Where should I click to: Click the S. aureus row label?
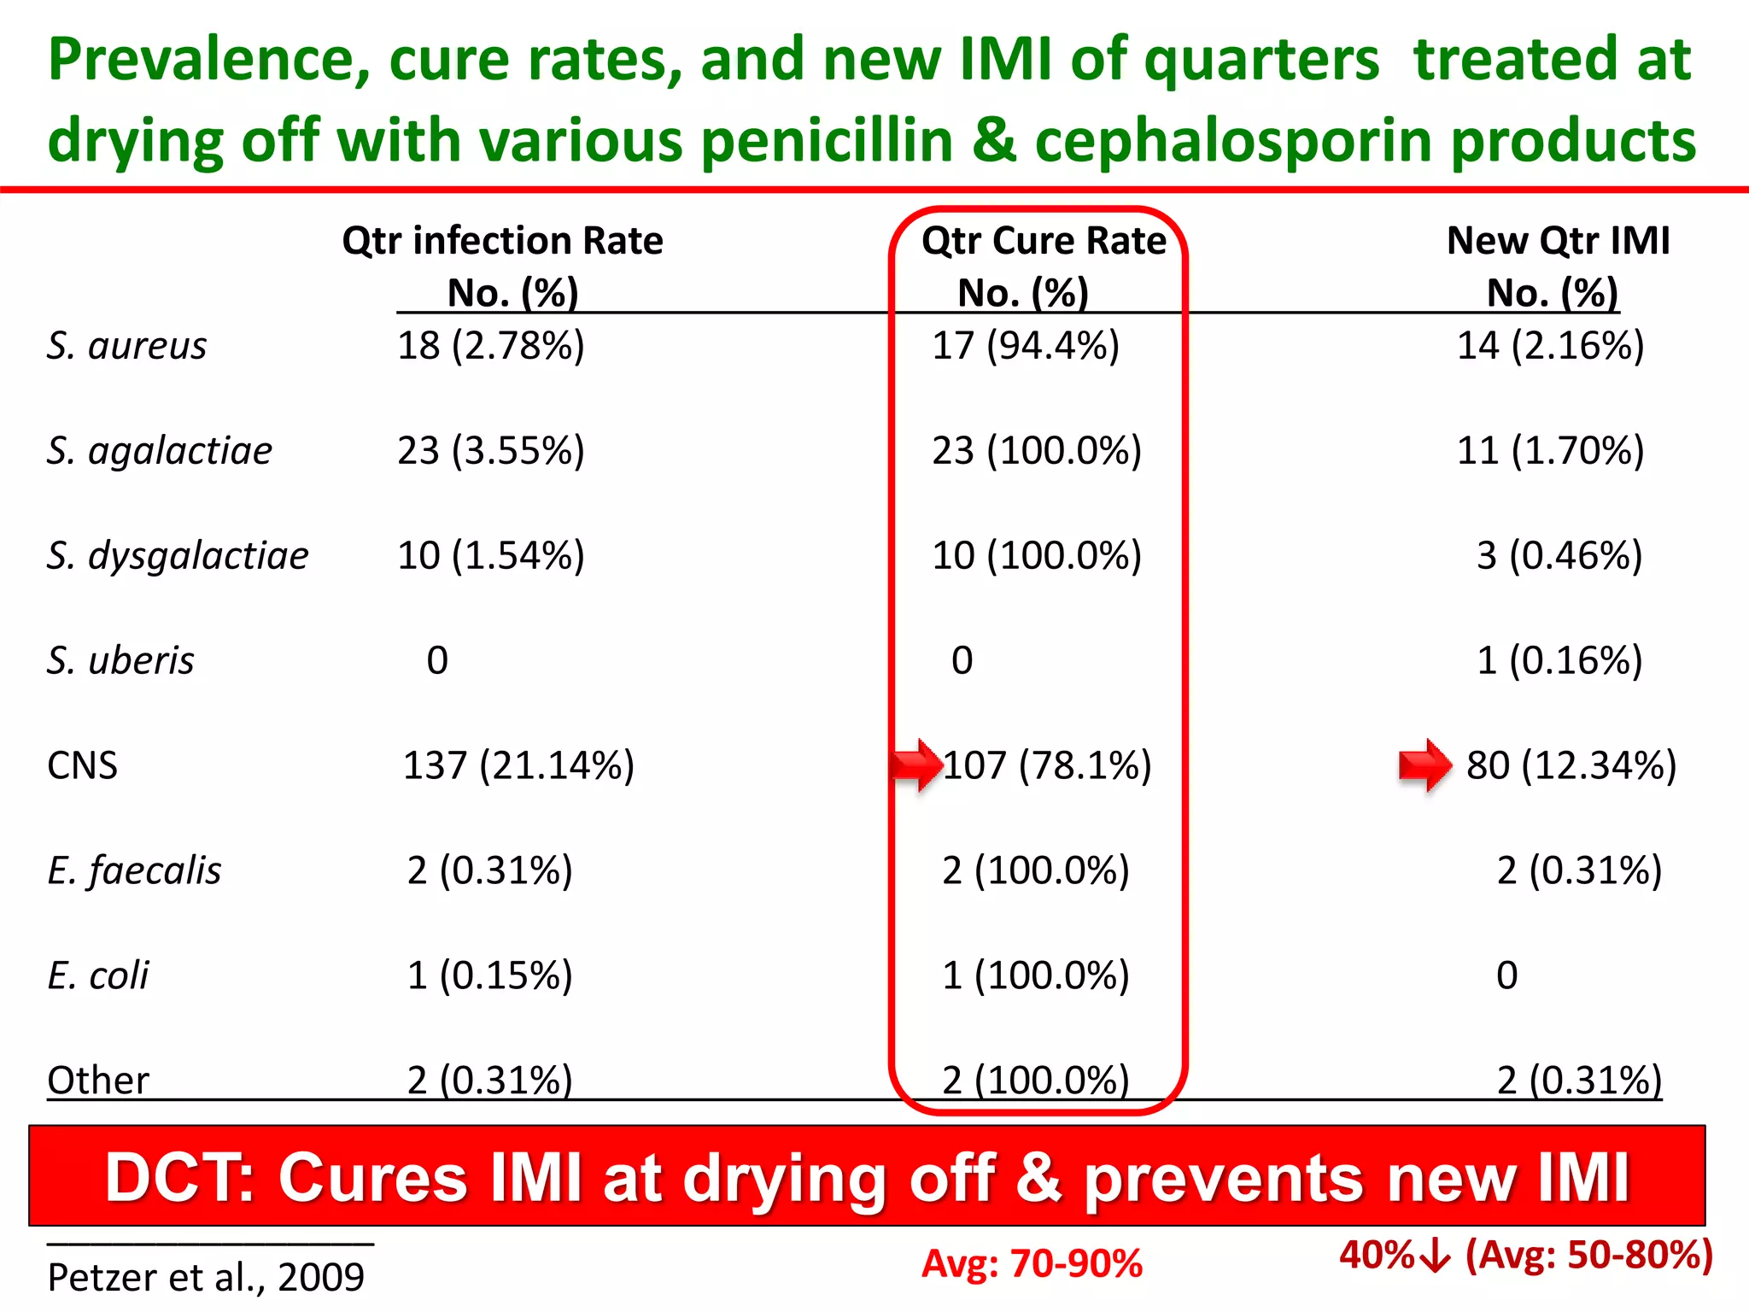click(x=126, y=346)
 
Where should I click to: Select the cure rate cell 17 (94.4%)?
click(x=1025, y=346)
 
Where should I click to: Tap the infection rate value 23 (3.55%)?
click(x=491, y=451)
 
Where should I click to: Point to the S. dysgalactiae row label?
click(x=178, y=556)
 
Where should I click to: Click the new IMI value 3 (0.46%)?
click(x=1559, y=556)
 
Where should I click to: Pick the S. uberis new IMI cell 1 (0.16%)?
click(x=1559, y=661)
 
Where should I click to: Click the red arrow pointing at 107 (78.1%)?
click(x=916, y=764)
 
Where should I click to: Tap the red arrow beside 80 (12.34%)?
click(x=1424, y=764)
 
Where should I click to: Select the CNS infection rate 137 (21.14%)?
click(x=518, y=766)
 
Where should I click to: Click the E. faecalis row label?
click(x=134, y=871)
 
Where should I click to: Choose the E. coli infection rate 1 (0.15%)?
click(x=489, y=975)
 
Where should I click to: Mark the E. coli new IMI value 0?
click(x=1507, y=975)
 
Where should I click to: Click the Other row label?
click(x=98, y=1081)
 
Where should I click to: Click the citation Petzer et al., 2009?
click(x=206, y=1278)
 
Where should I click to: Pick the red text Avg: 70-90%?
click(x=1032, y=1264)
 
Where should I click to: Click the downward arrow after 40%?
click(x=1438, y=1256)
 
